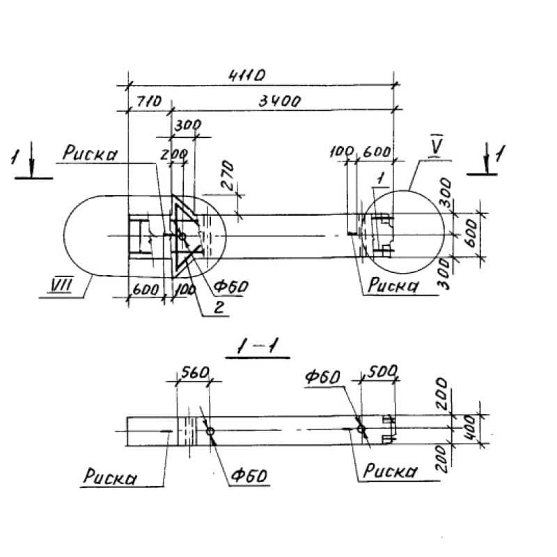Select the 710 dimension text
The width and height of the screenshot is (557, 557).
147,101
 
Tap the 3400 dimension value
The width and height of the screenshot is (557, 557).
279,101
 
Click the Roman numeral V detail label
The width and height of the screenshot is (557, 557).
437,146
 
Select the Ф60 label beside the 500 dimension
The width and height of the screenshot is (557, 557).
322,377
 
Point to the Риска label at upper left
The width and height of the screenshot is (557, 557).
90,154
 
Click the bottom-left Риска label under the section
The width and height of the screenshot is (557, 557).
109,477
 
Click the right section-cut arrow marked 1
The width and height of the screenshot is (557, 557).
489,158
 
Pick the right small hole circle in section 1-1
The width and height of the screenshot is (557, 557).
361,429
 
